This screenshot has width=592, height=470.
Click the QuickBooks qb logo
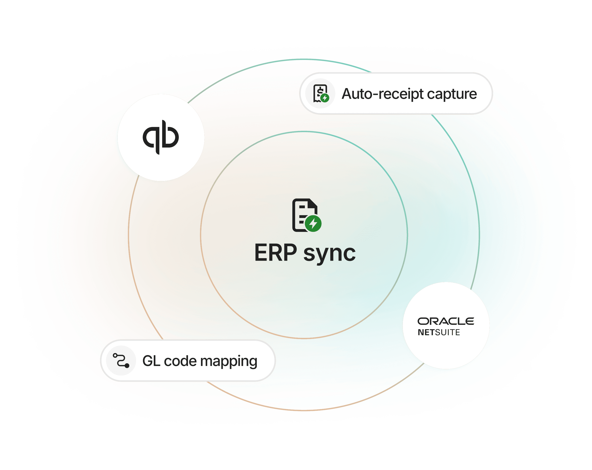tap(161, 137)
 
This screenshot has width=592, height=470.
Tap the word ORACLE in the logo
tap(446, 321)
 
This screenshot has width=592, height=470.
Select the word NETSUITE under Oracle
tap(439, 332)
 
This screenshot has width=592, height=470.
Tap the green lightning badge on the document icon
tap(313, 224)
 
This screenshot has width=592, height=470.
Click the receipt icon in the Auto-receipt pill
tap(320, 94)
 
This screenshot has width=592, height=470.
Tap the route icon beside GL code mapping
tap(121, 360)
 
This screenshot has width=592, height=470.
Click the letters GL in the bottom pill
tap(151, 361)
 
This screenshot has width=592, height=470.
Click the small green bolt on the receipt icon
tap(325, 98)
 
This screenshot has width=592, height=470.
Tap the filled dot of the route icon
tap(127, 366)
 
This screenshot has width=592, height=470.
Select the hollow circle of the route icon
tap(115, 355)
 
